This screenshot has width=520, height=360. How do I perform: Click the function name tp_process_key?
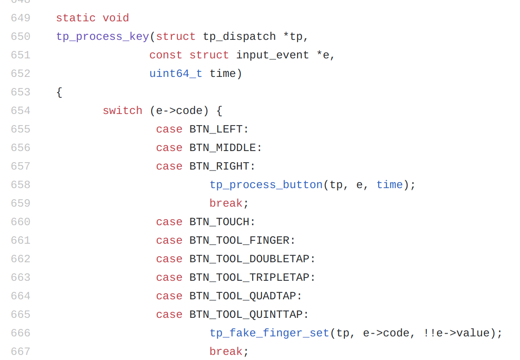click(102, 37)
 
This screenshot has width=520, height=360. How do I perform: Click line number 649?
click(20, 18)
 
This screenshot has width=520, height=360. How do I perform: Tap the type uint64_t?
click(176, 74)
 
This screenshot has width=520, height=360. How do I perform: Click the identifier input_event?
click(273, 55)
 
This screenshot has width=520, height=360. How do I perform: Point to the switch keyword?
click(122, 111)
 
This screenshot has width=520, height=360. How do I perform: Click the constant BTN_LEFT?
click(216, 129)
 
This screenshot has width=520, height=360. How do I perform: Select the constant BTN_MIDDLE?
click(222, 148)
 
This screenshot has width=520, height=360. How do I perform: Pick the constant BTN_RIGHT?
click(219, 166)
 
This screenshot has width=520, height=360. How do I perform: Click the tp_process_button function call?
click(266, 185)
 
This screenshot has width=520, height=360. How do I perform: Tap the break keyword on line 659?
click(226, 203)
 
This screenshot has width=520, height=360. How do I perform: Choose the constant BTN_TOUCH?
click(219, 222)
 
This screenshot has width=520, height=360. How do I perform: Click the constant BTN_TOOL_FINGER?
click(239, 240)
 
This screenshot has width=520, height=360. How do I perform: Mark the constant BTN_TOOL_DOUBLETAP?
click(249, 259)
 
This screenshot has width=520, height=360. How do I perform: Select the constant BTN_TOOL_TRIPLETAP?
click(249, 278)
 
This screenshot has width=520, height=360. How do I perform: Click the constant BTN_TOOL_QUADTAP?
click(242, 296)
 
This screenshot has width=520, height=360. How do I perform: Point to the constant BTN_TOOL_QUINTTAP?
click(246, 315)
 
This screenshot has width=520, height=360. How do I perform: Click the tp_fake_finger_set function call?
click(269, 333)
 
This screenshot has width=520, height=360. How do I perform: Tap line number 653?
click(20, 92)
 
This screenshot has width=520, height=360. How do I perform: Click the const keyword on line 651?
click(165, 55)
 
